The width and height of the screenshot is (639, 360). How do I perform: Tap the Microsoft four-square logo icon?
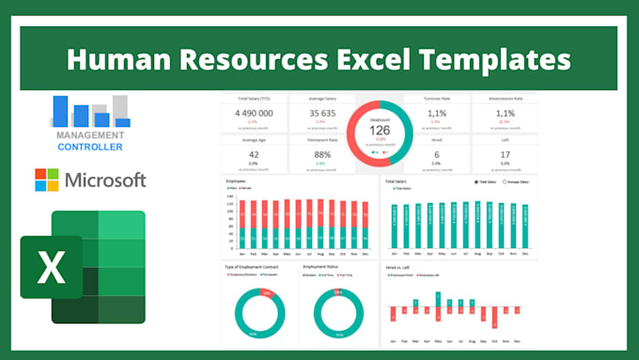(46, 180)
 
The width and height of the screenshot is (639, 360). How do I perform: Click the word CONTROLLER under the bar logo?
(89, 148)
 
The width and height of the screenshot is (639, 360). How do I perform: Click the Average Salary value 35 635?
(320, 114)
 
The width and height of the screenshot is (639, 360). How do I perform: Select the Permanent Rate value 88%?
(320, 155)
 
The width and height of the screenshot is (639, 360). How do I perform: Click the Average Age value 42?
(253, 155)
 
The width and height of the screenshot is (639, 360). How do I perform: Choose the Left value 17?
(505, 155)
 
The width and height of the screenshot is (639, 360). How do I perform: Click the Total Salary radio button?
(477, 181)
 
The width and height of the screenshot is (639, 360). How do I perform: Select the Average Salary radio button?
(505, 181)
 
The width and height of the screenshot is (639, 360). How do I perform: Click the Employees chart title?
(237, 180)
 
